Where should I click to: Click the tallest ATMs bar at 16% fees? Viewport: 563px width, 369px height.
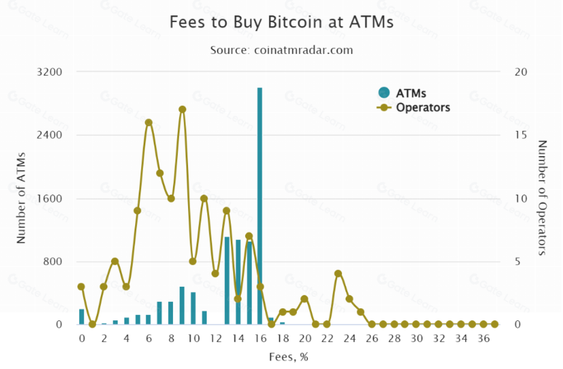pyautogui.click(x=260, y=206)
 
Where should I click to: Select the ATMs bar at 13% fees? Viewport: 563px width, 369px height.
pyautogui.click(x=226, y=280)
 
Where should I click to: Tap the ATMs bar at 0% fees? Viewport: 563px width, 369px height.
pyautogui.click(x=82, y=317)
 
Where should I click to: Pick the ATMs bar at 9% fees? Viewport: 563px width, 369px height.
pyautogui.click(x=182, y=305)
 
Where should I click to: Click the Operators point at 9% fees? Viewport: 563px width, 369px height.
pyautogui.click(x=182, y=110)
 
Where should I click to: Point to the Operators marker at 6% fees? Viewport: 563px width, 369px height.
pyautogui.click(x=148, y=122)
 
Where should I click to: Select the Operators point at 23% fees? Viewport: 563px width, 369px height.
pyautogui.click(x=338, y=274)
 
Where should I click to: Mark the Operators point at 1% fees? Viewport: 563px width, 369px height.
pyautogui.click(x=92, y=324)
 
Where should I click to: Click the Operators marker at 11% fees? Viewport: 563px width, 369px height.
pyautogui.click(x=204, y=198)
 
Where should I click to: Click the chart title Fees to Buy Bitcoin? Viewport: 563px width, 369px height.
pyautogui.click(x=281, y=22)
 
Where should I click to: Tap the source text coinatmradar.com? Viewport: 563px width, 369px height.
pyautogui.click(x=281, y=50)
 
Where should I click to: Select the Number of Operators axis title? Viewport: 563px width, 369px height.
pyautogui.click(x=543, y=198)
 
